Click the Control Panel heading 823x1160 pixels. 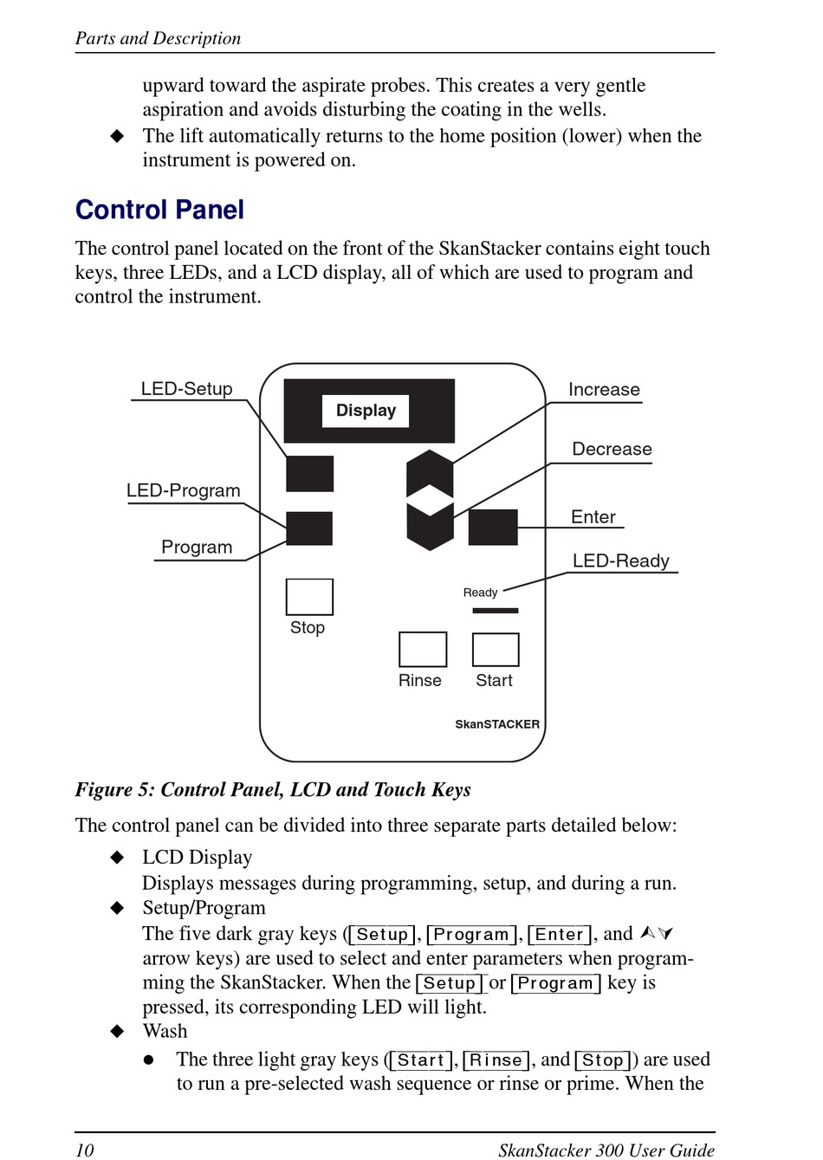click(x=159, y=210)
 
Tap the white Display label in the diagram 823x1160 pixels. click(x=366, y=411)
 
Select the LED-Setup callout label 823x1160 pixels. click(x=186, y=389)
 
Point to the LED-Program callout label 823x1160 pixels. click(x=183, y=490)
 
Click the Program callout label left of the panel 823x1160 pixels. click(x=197, y=548)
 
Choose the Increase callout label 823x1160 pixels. click(x=604, y=390)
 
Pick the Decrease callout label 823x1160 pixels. click(x=612, y=449)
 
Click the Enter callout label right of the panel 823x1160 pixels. click(x=593, y=517)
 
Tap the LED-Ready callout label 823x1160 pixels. click(x=620, y=561)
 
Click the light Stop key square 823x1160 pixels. click(x=309, y=597)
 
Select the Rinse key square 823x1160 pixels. click(x=423, y=650)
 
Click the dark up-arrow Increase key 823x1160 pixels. click(x=430, y=472)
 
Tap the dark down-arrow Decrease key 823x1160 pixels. click(x=430, y=525)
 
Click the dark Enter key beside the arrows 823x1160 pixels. click(x=493, y=528)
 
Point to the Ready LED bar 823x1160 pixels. click(x=496, y=611)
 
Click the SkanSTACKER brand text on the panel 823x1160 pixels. click(x=497, y=724)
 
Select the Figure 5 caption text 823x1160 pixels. click(x=273, y=789)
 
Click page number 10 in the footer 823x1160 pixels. click(x=84, y=1150)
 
